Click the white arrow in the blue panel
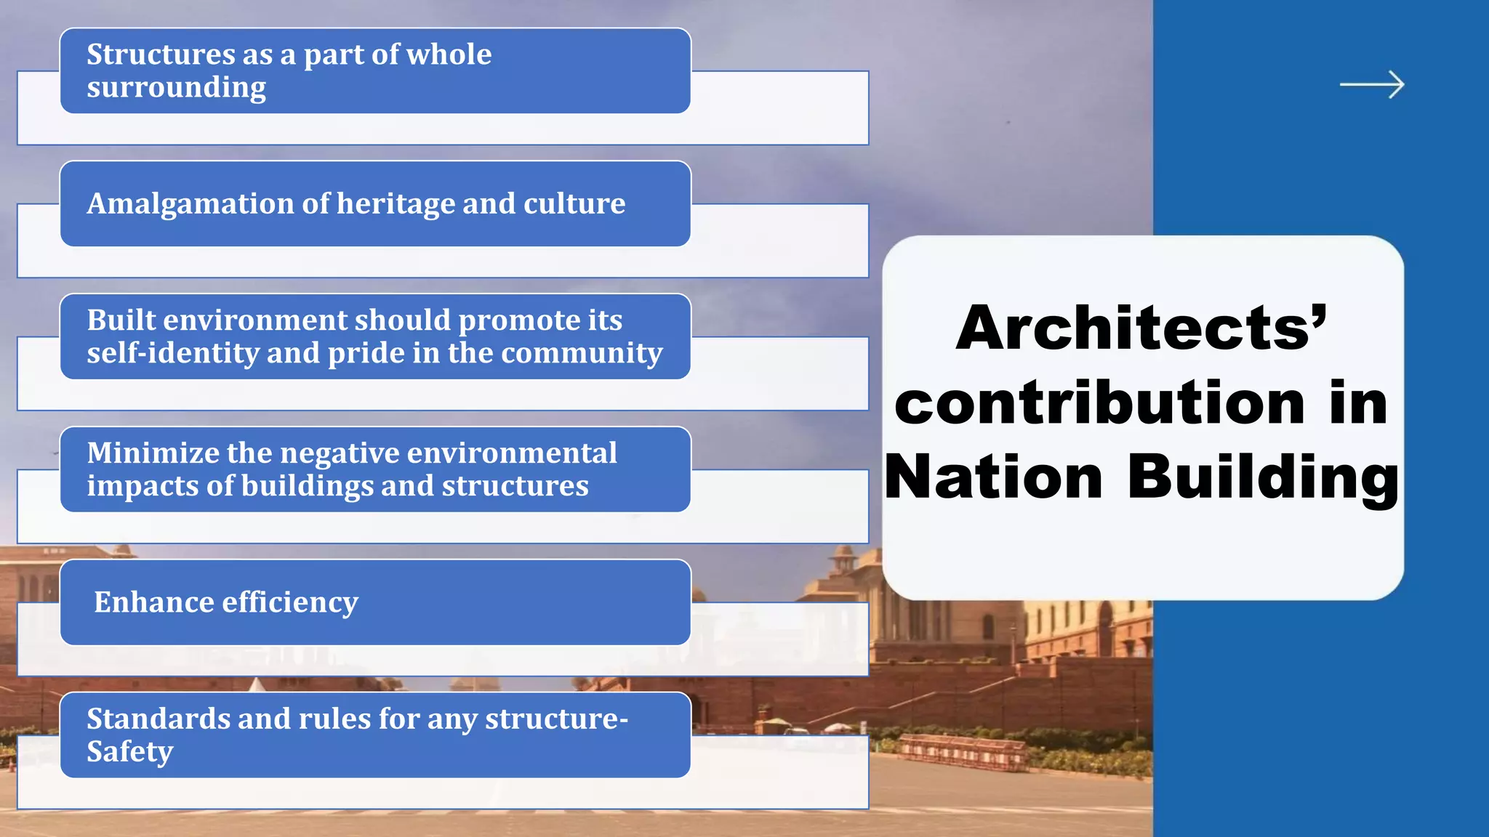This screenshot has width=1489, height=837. coord(1372,85)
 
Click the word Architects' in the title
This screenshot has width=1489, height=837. coord(1141,328)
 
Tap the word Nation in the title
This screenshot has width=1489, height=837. coord(994,477)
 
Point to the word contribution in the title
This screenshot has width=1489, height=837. coord(1100,403)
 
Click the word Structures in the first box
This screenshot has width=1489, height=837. coord(161,54)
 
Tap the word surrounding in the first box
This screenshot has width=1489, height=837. coord(177,88)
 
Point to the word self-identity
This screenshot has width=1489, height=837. coord(173,353)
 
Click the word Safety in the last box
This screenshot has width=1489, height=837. coord(130,752)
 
